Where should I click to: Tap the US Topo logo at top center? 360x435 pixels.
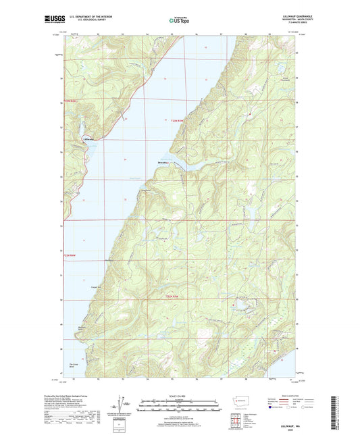point(179,21)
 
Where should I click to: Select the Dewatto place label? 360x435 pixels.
point(165,162)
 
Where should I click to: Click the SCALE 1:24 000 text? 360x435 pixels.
point(179,395)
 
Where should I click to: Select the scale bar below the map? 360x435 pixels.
point(179,407)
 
